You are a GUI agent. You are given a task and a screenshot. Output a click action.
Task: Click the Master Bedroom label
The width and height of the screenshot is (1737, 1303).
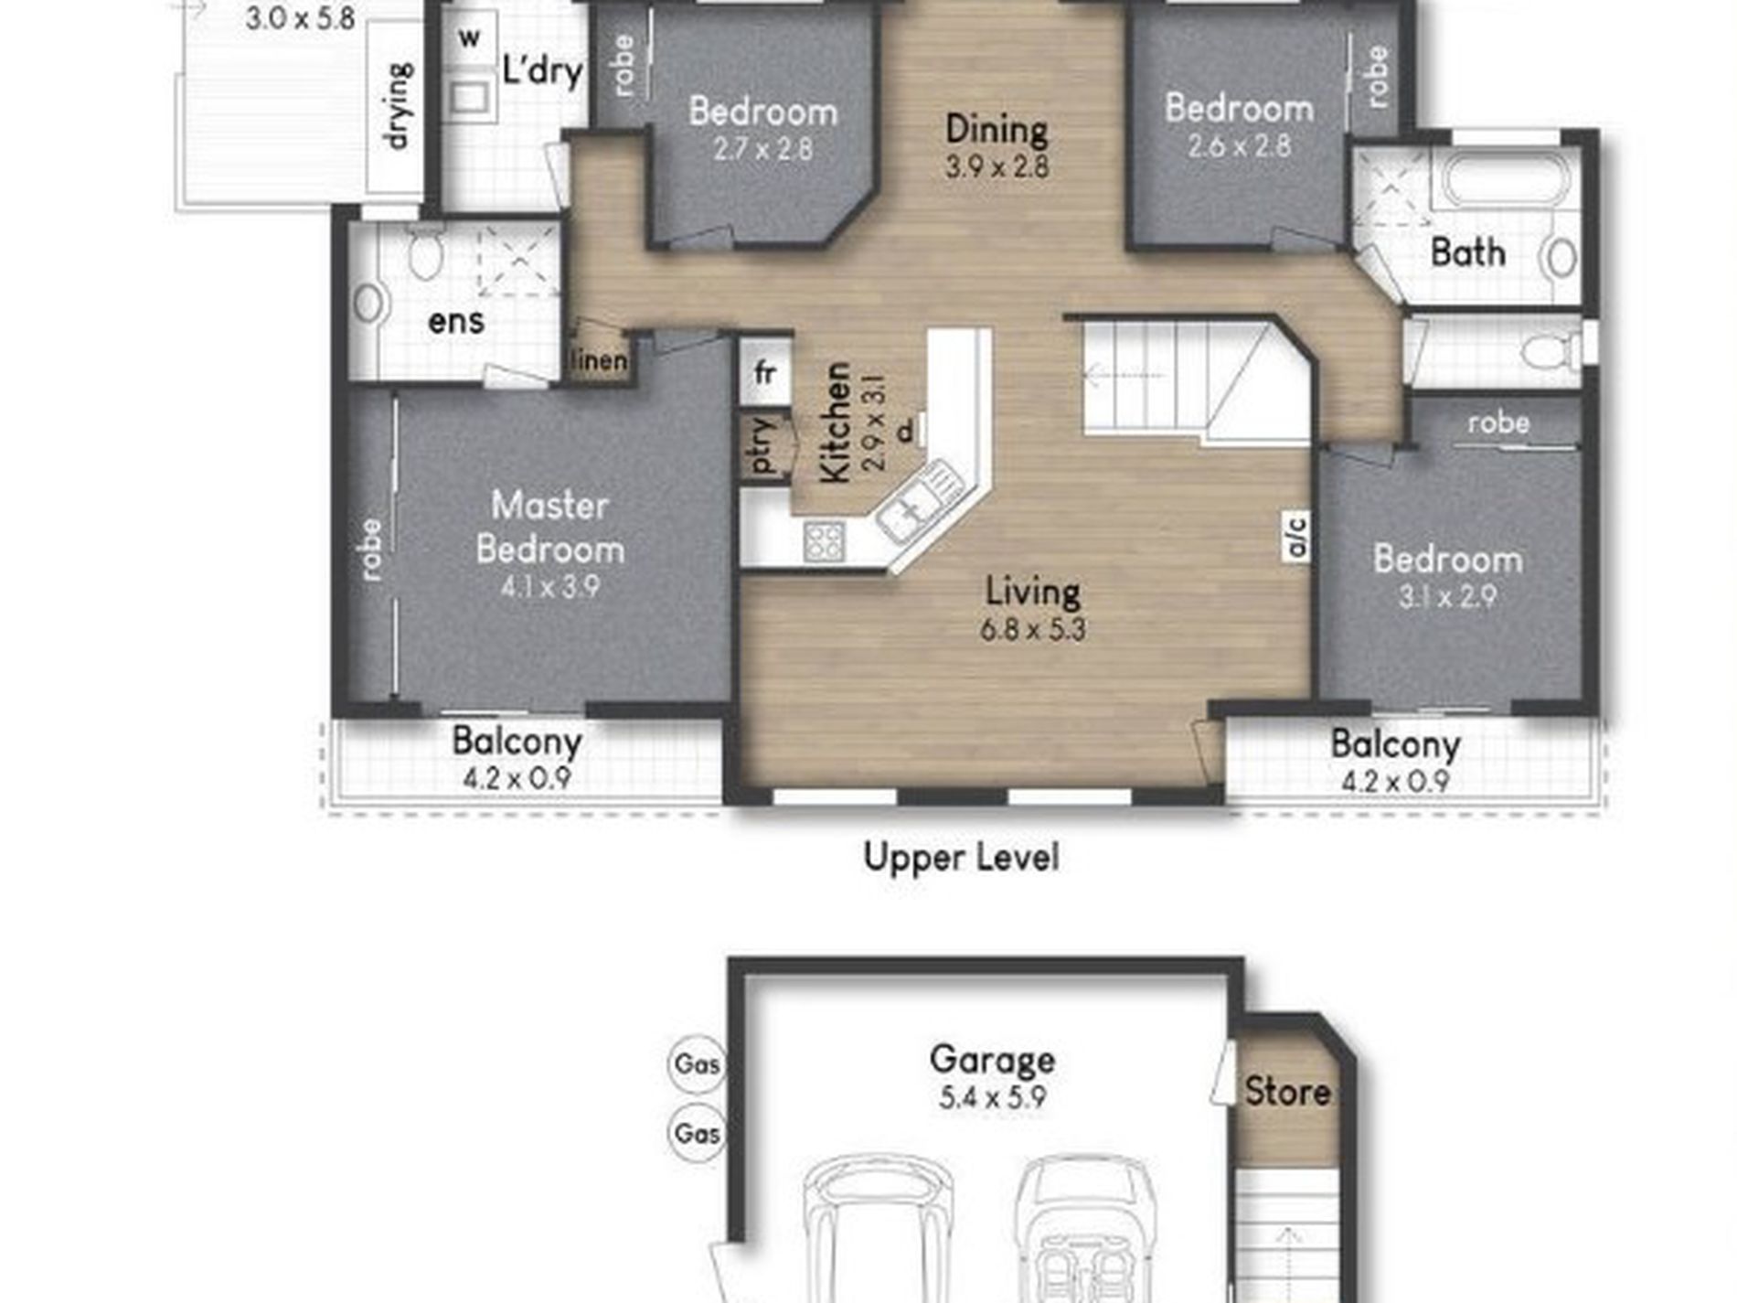550,528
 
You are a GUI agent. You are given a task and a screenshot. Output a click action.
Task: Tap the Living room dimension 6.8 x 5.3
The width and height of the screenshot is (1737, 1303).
1033,630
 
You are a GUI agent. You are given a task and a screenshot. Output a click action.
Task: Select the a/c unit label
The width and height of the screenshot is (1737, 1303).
1296,536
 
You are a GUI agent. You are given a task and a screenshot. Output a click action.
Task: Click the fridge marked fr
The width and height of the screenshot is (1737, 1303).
765,372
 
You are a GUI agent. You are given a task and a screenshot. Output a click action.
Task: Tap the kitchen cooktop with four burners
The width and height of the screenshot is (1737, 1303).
824,540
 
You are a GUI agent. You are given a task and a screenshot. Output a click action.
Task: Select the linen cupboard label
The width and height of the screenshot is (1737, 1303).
599,361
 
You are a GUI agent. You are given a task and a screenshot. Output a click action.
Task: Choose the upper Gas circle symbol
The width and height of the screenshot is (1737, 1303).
697,1063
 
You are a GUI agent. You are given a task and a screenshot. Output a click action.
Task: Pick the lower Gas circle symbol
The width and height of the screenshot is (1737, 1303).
697,1133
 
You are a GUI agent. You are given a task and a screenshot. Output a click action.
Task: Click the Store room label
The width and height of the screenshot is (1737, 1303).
1287,1091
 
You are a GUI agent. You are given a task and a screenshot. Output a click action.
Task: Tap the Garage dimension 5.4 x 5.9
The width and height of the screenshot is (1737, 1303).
992,1097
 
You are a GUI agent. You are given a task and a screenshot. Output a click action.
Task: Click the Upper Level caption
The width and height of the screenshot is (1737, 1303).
962,858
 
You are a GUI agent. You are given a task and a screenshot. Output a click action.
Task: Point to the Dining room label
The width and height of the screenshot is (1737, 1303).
996,129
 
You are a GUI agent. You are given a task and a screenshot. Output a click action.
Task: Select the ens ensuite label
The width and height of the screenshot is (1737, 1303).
456,321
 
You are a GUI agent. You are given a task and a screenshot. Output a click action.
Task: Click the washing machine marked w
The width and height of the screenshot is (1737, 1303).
469,38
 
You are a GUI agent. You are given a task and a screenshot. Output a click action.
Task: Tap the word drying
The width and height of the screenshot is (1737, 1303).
399,106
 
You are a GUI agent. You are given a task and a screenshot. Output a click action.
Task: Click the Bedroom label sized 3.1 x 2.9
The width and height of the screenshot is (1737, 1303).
1448,559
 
